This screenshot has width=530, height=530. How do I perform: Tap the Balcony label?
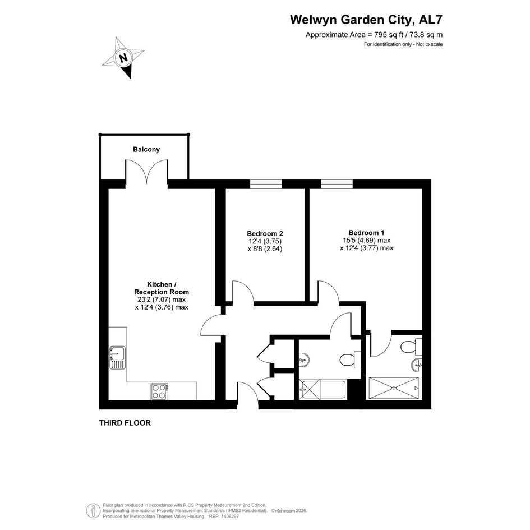[x=146, y=149]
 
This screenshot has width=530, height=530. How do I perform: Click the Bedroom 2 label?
[x=265, y=233]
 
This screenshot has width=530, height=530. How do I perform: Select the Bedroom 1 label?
[x=366, y=233]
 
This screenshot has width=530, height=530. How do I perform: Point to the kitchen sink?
[x=117, y=358]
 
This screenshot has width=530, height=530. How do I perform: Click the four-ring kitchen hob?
[x=159, y=392]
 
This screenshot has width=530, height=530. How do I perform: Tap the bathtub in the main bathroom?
[x=322, y=390]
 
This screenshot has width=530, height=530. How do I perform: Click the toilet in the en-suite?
[x=411, y=347]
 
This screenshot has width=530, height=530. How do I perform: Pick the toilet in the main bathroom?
[x=350, y=360]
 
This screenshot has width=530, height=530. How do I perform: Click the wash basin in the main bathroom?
[x=304, y=360]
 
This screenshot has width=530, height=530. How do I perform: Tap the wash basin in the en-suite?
[x=417, y=365]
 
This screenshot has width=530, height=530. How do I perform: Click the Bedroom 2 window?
[x=266, y=184]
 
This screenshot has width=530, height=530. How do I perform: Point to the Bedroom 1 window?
[x=337, y=184]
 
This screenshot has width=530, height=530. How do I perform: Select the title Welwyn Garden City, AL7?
[x=366, y=20]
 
